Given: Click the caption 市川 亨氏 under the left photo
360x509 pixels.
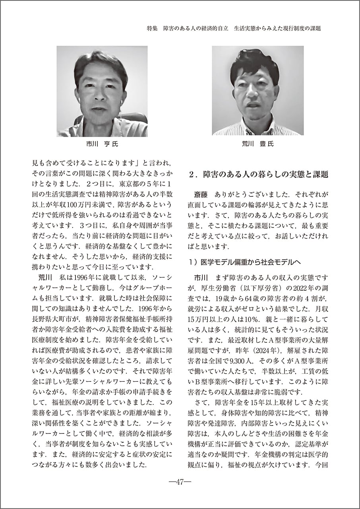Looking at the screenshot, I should point(102,144).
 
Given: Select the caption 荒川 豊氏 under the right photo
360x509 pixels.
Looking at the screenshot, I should point(257,144).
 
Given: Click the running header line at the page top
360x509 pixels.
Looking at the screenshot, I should point(233,29).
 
